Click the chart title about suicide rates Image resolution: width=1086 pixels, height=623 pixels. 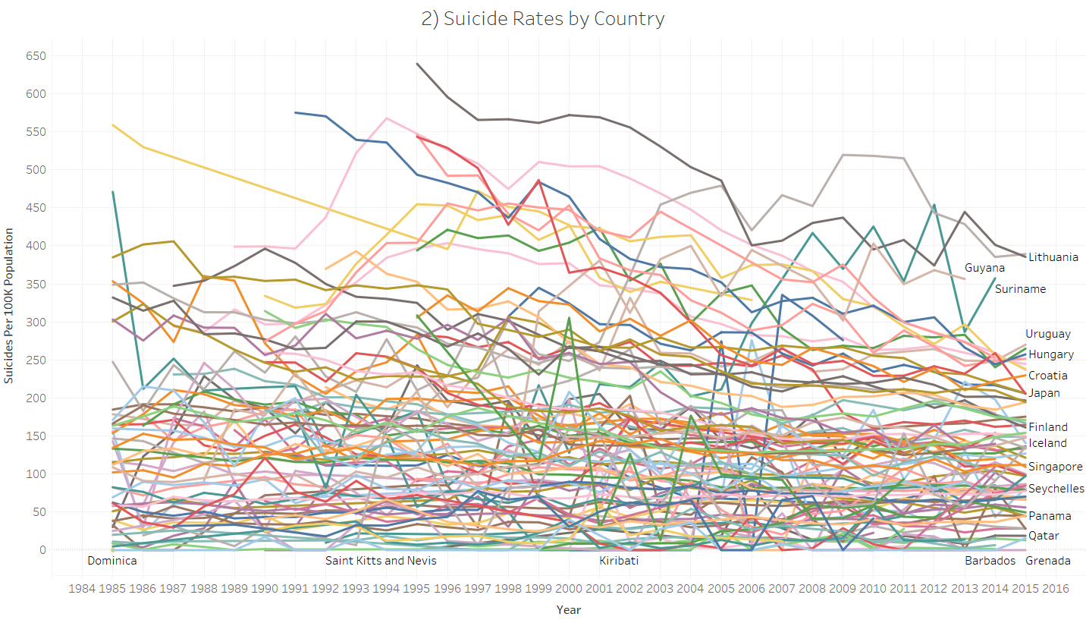[x=543, y=19]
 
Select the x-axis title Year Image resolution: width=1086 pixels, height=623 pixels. [x=568, y=609]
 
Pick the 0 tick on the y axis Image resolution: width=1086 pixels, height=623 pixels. [x=42, y=549]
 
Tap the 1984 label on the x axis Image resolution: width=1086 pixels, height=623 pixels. [x=82, y=588]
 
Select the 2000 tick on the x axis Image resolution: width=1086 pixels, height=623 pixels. [x=569, y=588]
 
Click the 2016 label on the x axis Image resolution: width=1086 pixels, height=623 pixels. [x=1056, y=588]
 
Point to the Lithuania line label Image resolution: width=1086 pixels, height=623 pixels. [x=1053, y=257]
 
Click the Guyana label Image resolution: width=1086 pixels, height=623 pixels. [x=984, y=268]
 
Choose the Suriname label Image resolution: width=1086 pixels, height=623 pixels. [x=1020, y=289]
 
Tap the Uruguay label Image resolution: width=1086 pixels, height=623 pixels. [x=1048, y=334]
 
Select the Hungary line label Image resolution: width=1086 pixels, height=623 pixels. [x=1050, y=354]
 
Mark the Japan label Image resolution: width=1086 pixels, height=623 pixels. [x=1044, y=393]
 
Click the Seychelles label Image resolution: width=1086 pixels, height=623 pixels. [x=1056, y=489]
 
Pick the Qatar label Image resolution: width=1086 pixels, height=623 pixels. [x=1044, y=536]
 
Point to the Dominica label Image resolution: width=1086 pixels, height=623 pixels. [x=112, y=561]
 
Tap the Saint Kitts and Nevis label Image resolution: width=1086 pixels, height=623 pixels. [x=381, y=561]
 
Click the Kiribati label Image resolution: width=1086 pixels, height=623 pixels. [x=619, y=561]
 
